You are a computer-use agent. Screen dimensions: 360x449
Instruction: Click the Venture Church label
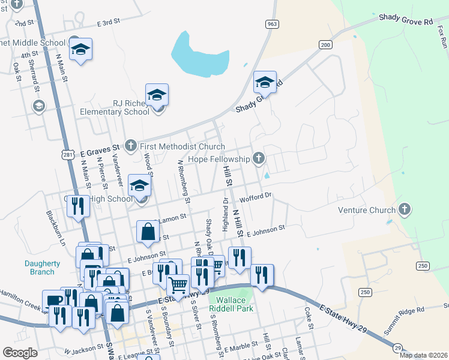coord(367,210)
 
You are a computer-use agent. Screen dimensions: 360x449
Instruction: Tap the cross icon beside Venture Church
coord(405,209)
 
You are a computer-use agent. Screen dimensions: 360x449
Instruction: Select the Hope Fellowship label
coord(218,159)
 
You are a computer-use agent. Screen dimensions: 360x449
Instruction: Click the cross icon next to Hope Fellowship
coord(259,158)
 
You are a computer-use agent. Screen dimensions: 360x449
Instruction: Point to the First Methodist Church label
coord(173,146)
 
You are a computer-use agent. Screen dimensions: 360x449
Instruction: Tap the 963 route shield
coord(272,24)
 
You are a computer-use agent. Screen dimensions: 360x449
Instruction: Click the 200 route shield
coord(325,45)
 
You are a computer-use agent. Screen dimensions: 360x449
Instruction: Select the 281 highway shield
coord(67,155)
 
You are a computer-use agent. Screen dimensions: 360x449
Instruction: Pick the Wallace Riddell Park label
coord(231,304)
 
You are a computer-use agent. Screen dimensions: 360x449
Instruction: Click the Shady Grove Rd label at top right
coord(405,20)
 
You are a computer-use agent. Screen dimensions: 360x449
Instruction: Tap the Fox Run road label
coord(443,37)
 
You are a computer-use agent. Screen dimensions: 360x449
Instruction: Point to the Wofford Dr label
coord(256,196)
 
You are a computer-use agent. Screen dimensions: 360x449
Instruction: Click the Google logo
coord(20,352)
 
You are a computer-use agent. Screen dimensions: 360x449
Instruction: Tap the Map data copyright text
coord(423,355)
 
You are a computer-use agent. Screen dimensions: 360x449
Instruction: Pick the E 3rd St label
coord(109,22)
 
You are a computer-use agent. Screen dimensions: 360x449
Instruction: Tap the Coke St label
coord(309,319)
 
